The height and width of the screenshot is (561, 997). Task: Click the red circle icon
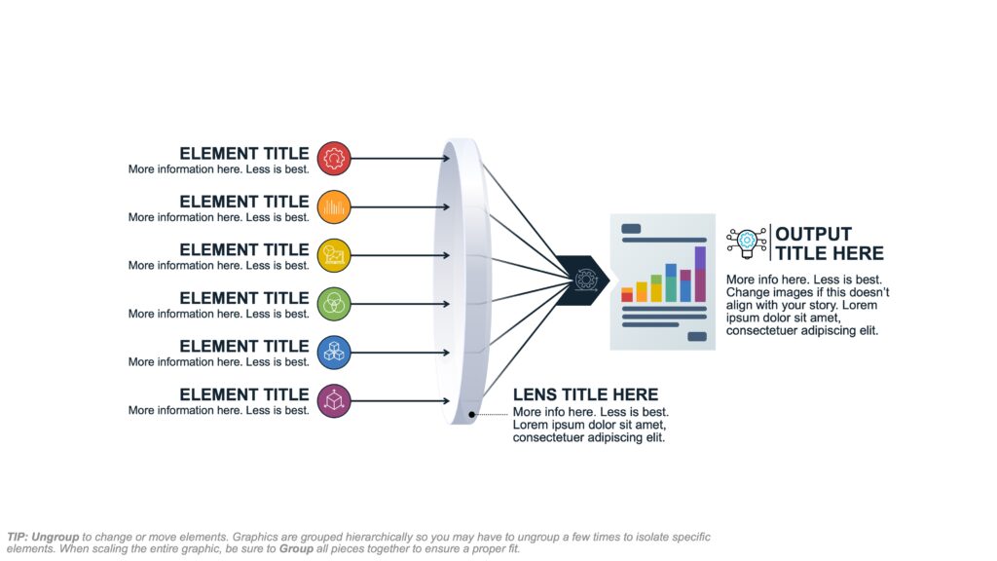coord(334,158)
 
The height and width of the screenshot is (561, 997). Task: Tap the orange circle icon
coord(334,206)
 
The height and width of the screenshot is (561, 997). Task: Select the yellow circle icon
coord(334,255)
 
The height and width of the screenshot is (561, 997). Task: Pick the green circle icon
coord(334,303)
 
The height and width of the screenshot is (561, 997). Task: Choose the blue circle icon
coord(334,352)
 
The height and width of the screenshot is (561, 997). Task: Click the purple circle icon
coord(334,399)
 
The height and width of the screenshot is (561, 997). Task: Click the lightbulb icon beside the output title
coord(747,242)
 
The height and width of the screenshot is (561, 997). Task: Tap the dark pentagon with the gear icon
coord(585,280)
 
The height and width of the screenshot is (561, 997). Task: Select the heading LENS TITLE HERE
coord(585,394)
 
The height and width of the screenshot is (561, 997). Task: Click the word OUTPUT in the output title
coord(813,234)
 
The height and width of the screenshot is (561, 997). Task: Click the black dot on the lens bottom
coord(472,415)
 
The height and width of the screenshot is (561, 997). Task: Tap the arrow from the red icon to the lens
coord(399,158)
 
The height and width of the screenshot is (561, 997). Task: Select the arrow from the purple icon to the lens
coord(399,399)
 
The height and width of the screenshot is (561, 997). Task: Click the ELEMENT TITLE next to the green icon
coord(243,298)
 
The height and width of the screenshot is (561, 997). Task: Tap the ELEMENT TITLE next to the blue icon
coord(243,346)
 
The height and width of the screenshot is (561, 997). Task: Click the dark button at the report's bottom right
coord(697,337)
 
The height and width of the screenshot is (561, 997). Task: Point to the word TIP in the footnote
coord(18,537)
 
